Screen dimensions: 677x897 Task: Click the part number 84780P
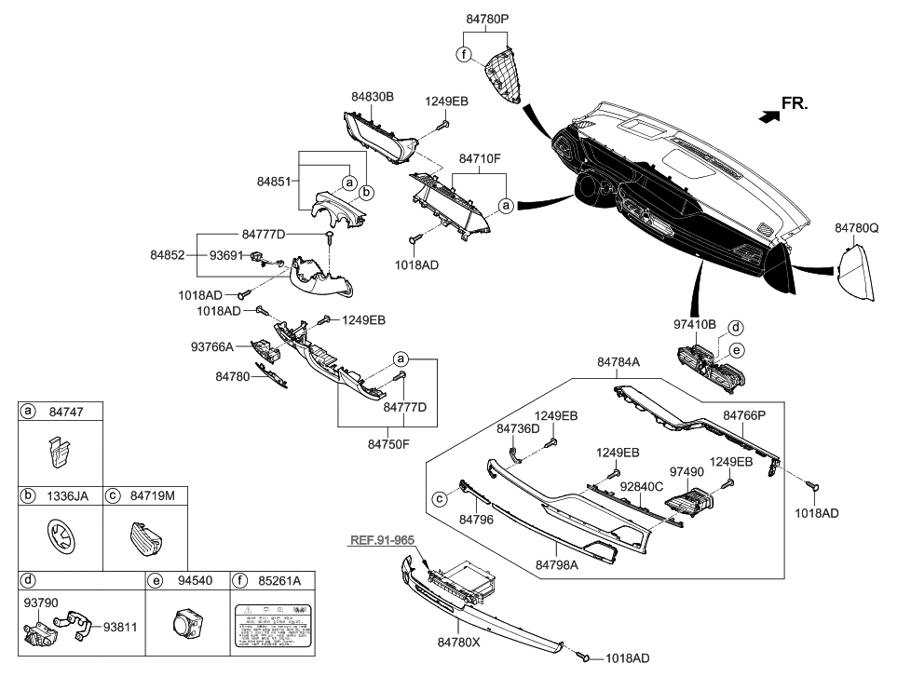(x=487, y=18)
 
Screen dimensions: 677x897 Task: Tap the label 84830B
(x=373, y=96)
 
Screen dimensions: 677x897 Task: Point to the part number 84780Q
(x=856, y=226)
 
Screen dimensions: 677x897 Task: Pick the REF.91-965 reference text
(x=382, y=540)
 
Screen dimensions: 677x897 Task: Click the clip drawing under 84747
(x=59, y=454)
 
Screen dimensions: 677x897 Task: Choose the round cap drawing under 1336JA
(x=61, y=537)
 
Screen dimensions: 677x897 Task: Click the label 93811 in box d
(x=119, y=627)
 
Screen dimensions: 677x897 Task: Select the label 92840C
(x=643, y=486)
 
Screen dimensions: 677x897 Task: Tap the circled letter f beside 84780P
(x=462, y=53)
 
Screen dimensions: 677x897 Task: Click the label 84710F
(x=480, y=160)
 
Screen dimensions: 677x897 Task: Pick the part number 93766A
(x=212, y=346)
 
